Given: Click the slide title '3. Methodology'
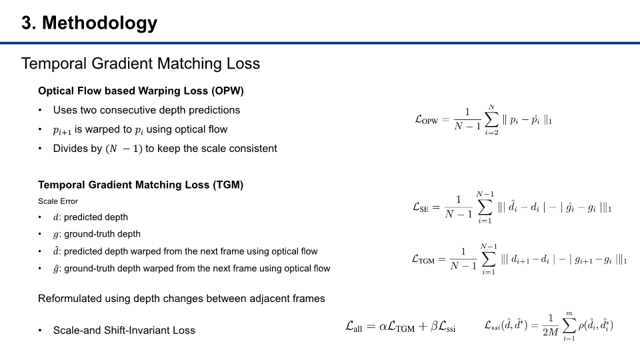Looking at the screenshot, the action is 89,23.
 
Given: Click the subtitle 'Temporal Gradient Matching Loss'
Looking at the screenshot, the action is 141,64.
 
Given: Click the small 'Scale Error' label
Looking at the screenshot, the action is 58,201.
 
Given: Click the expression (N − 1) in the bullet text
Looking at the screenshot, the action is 124,149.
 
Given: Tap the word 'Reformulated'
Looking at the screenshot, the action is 73,299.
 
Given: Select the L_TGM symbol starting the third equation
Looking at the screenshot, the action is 423,259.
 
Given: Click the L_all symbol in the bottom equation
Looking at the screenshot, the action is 355,327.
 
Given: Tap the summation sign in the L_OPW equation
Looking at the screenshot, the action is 491,120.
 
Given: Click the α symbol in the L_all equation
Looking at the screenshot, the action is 384,327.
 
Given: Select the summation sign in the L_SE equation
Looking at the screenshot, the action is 485,207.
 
